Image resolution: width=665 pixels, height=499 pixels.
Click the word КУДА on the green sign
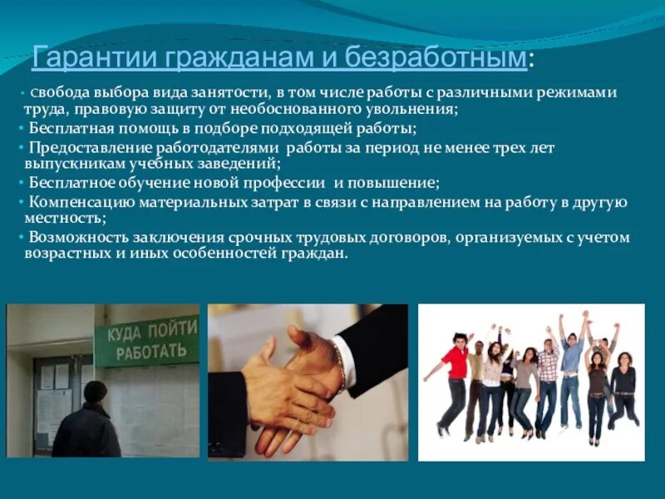pos(119,334)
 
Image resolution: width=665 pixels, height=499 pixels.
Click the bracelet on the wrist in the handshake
pos(339,365)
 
